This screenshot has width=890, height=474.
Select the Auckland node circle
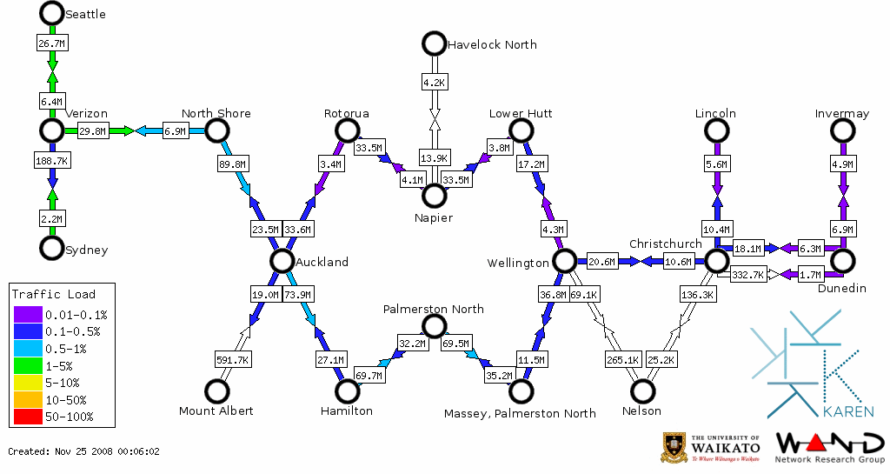click(x=281, y=260)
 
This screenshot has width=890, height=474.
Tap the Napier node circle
click(x=434, y=195)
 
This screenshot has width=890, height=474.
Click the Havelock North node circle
click(x=433, y=43)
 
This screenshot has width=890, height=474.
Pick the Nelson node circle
click(x=643, y=391)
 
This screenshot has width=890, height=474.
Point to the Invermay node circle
click(x=842, y=130)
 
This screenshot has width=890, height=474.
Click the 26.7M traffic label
click(x=51, y=42)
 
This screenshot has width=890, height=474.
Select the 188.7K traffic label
click(x=52, y=161)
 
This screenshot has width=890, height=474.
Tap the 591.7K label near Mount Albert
click(x=232, y=358)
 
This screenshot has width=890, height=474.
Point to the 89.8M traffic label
click(x=233, y=163)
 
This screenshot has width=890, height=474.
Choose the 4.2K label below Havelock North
click(x=434, y=83)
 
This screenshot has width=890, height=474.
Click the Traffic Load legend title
click(x=54, y=294)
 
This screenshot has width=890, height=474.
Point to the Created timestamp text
click(x=84, y=451)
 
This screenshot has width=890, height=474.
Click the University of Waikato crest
click(x=675, y=447)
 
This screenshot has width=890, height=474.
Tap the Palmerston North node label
click(x=434, y=309)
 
